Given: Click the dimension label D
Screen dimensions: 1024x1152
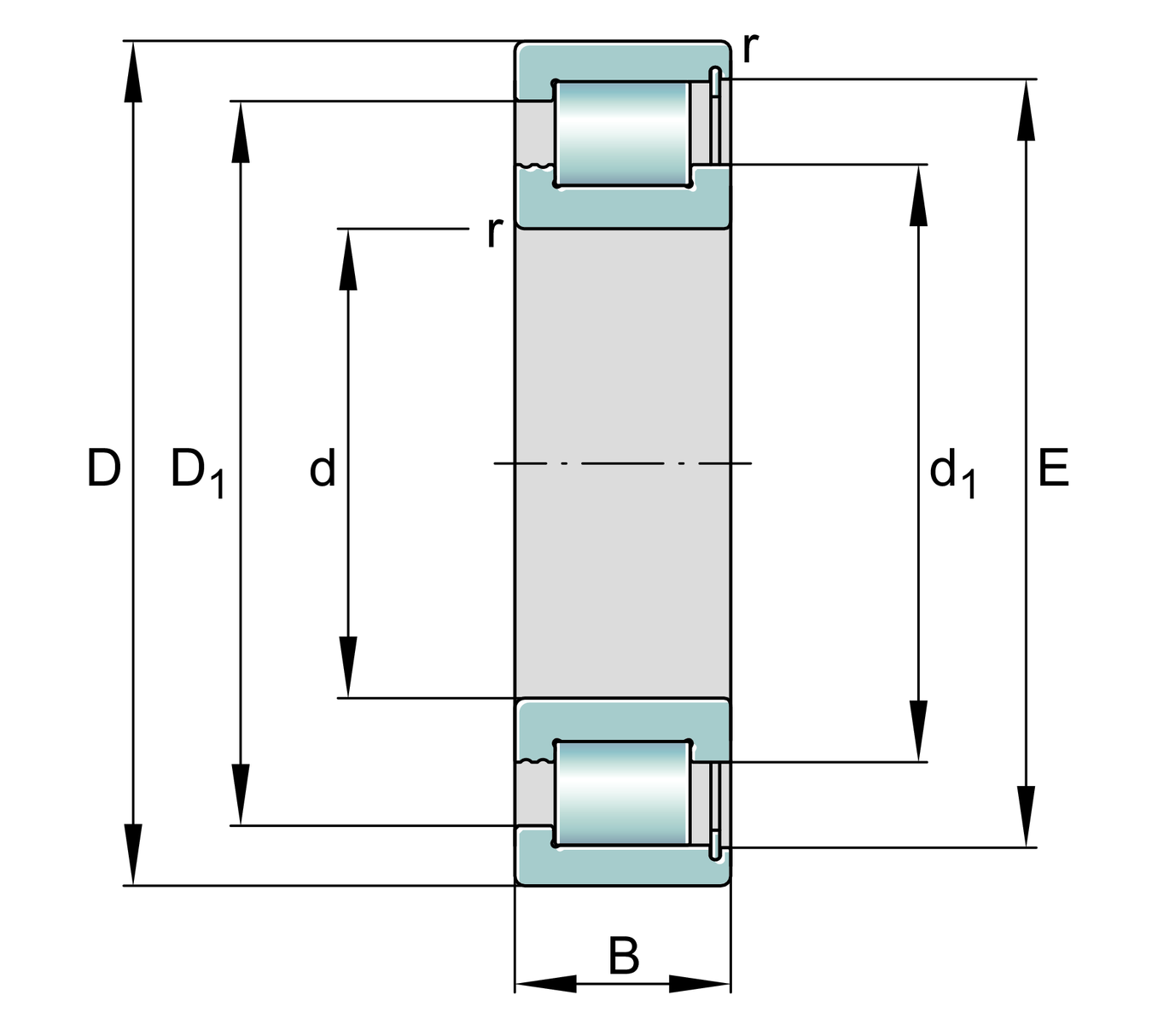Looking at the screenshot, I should point(103,468).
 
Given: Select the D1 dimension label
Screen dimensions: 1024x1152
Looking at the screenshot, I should point(195,472).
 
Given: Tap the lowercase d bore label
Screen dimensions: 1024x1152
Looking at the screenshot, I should point(323,468).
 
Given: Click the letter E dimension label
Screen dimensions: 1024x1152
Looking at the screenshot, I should point(1053,468).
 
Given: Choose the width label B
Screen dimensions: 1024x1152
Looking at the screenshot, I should point(624,957).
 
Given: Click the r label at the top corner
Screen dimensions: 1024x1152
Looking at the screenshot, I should point(749,48).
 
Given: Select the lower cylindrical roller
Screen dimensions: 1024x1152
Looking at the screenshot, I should point(622,794).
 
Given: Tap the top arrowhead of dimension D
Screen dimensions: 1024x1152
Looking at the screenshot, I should point(132,73).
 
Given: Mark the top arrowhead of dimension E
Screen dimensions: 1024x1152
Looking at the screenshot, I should point(1026,109).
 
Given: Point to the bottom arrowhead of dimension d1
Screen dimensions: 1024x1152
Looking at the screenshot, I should point(918,730).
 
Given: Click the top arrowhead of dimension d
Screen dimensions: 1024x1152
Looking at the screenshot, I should point(347,260).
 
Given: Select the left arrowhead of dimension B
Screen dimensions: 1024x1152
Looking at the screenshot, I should point(546,984).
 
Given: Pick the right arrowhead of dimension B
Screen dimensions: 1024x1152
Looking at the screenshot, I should point(700,984).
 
